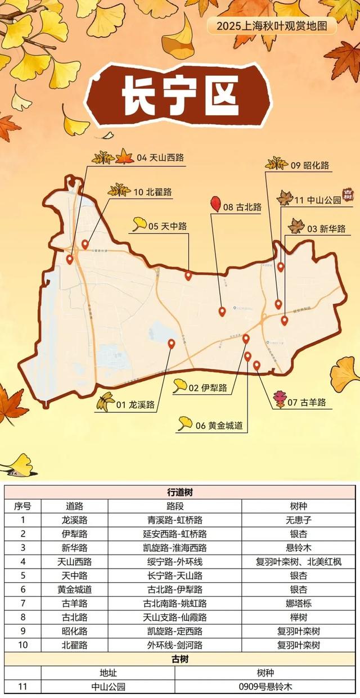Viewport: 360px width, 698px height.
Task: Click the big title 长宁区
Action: click(179, 93)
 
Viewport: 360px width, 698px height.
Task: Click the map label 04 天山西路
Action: click(160, 158)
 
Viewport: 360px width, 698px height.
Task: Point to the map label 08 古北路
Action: click(242, 207)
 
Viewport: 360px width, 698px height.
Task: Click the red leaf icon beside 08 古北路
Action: click(215, 204)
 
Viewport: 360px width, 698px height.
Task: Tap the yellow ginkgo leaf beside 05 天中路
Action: click(139, 224)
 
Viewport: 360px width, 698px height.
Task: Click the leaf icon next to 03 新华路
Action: click(296, 227)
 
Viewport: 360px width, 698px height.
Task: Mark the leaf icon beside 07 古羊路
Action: click(280, 399)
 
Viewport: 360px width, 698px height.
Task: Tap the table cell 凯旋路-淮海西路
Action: click(175, 547)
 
